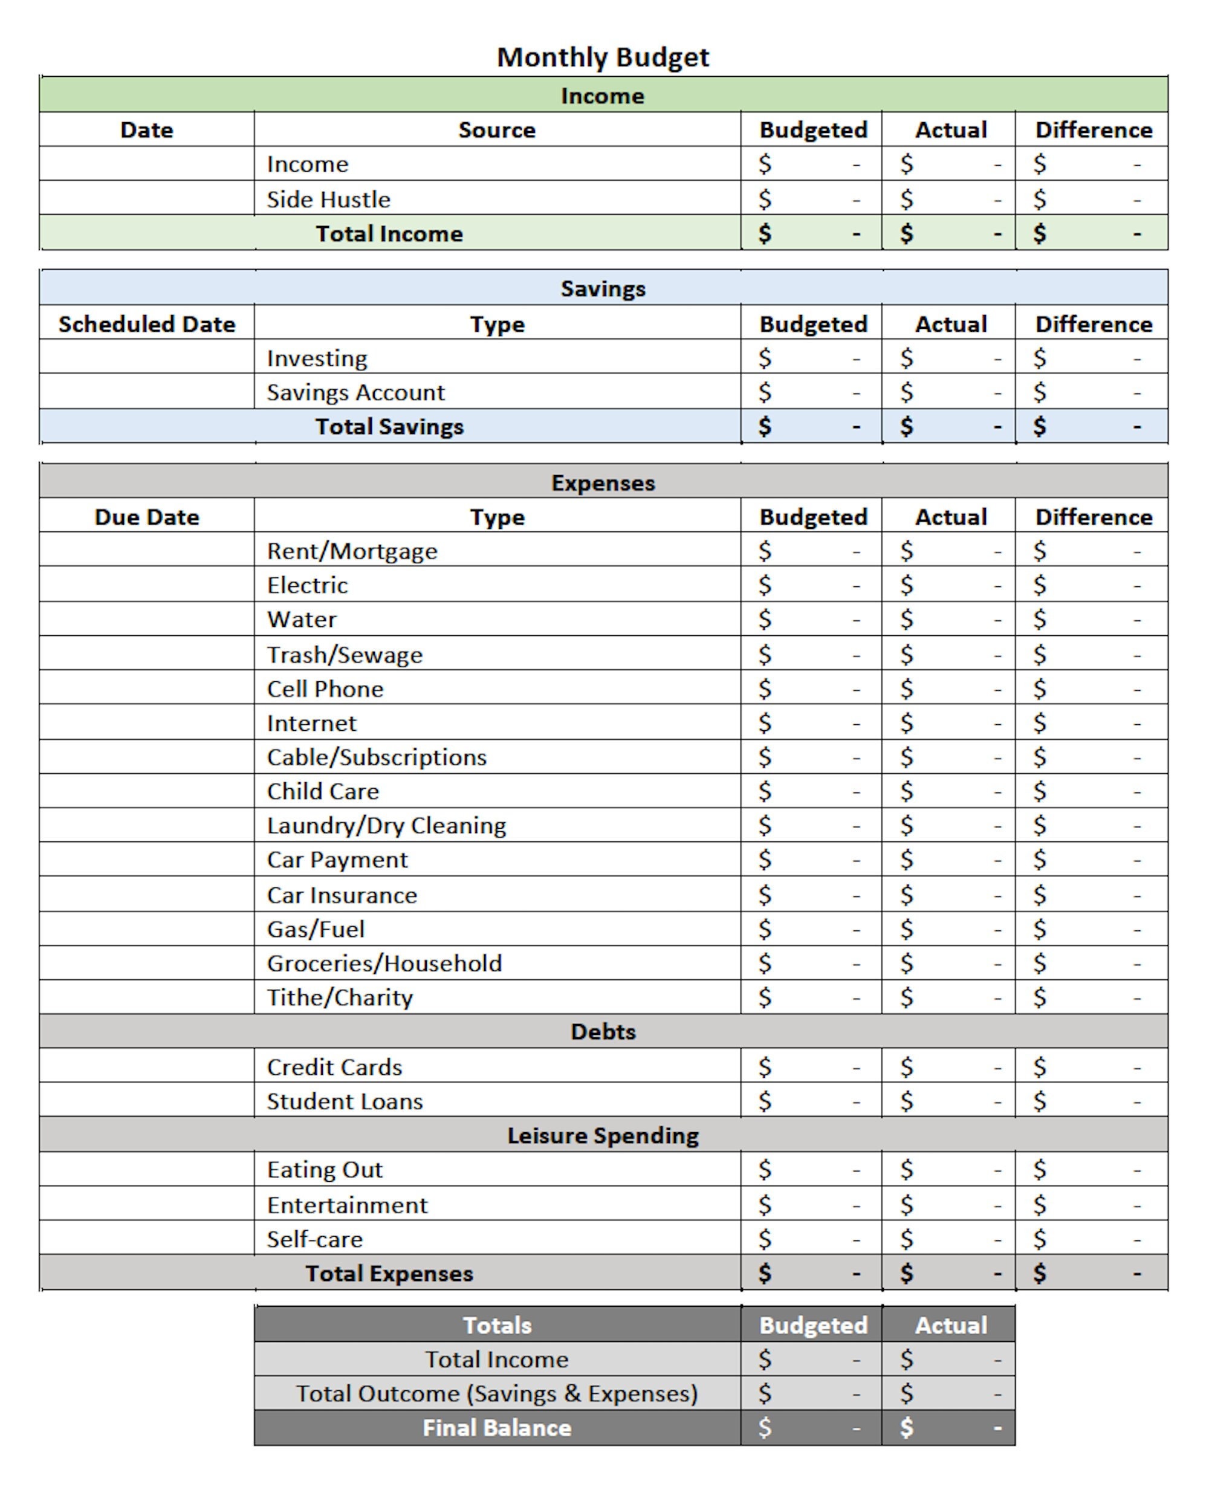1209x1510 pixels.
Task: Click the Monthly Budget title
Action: pyautogui.click(x=603, y=57)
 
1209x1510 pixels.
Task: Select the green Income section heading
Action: pyautogui.click(x=603, y=96)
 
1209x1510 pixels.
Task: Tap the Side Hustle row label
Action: pyautogui.click(x=328, y=199)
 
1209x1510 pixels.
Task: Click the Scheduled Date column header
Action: pyautogui.click(x=146, y=324)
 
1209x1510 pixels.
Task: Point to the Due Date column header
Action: pyautogui.click(x=146, y=517)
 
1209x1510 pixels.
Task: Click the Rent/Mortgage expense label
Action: pyautogui.click(x=352, y=551)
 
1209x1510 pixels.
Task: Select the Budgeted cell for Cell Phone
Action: pyautogui.click(x=811, y=689)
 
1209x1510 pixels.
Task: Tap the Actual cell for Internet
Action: pyautogui.click(x=948, y=723)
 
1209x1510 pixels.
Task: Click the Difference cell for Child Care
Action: pyautogui.click(x=1091, y=791)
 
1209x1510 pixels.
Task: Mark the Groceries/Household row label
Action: pyautogui.click(x=384, y=964)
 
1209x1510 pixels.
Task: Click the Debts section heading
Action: pyautogui.click(x=603, y=1032)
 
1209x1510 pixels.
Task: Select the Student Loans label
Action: pyautogui.click(x=345, y=1101)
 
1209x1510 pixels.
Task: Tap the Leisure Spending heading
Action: pyautogui.click(x=603, y=1135)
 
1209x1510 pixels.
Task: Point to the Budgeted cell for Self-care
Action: pyautogui.click(x=811, y=1239)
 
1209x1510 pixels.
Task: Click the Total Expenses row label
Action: pyautogui.click(x=389, y=1273)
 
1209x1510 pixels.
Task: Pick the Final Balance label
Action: pyautogui.click(x=497, y=1428)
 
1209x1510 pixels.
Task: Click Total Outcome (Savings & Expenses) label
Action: pyautogui.click(x=497, y=1394)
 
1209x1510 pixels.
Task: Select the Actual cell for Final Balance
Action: pyautogui.click(x=948, y=1428)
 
